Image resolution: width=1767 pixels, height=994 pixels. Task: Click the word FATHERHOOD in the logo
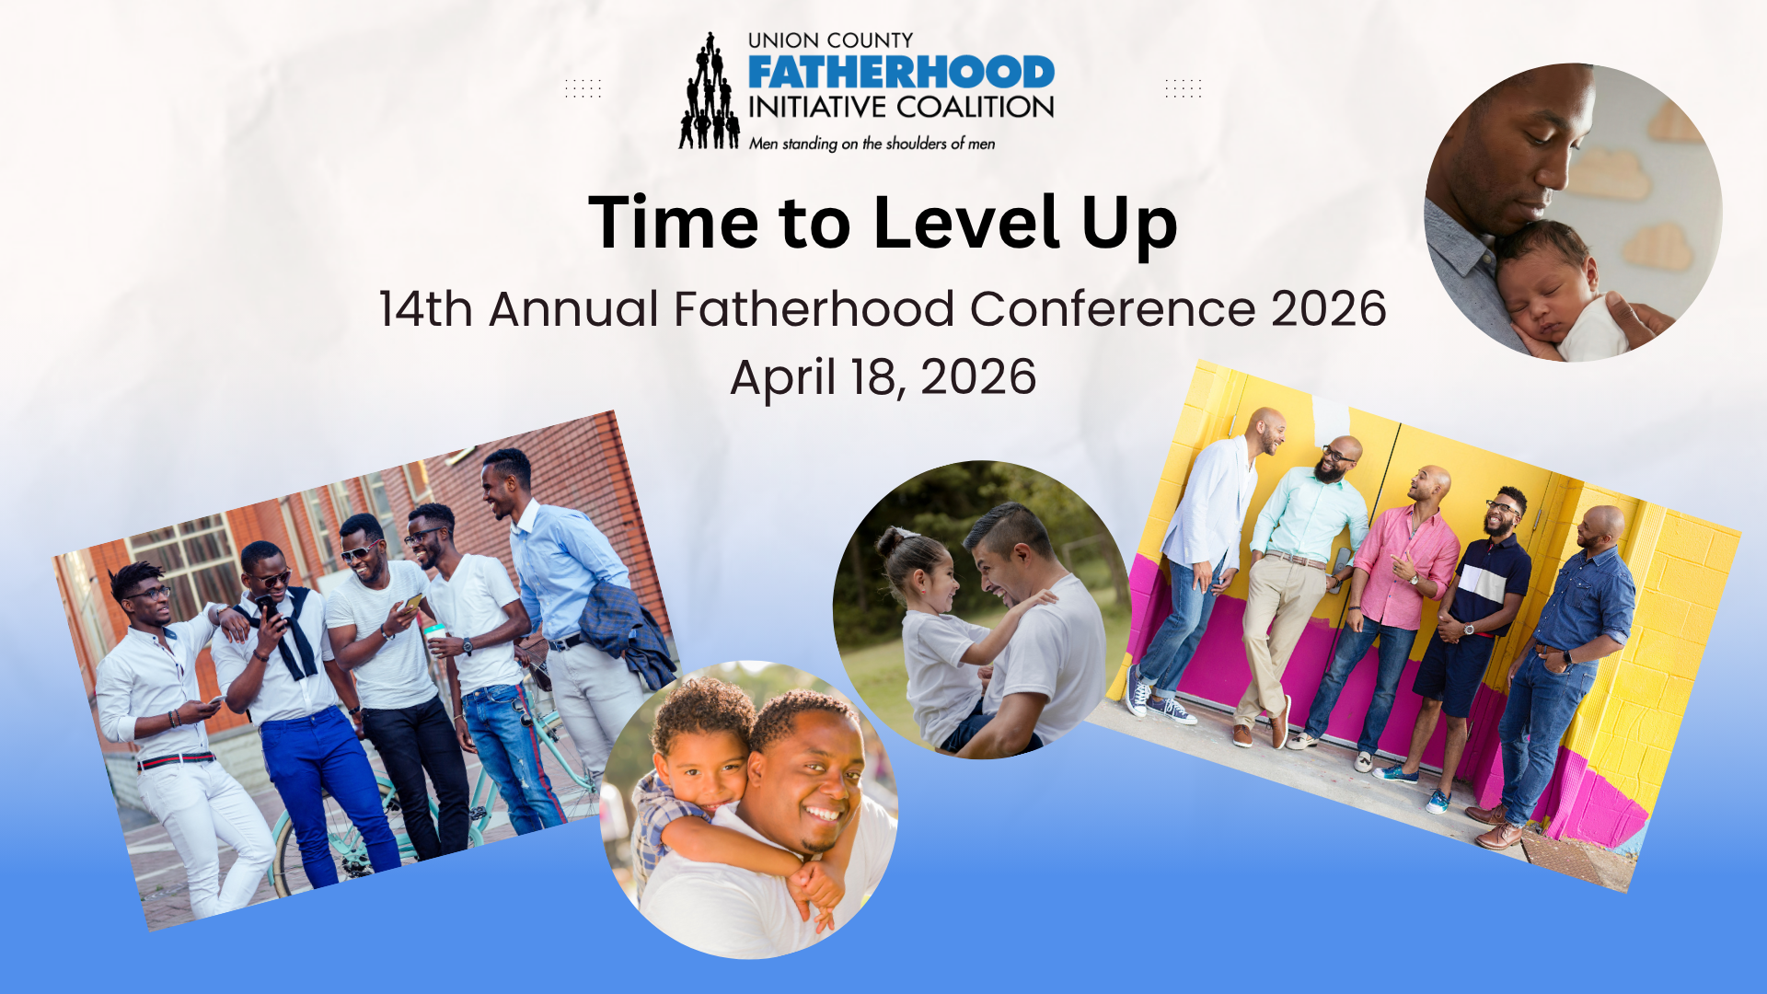[x=901, y=73]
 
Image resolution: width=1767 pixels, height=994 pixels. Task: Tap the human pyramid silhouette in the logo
[x=710, y=91]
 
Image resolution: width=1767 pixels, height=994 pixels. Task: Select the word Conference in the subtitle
[x=1113, y=308]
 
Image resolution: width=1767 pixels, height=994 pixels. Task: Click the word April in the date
[x=783, y=378]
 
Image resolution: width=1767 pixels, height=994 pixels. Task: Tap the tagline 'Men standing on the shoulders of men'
[x=872, y=144]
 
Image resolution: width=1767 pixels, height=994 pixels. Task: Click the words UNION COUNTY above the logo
[x=830, y=40]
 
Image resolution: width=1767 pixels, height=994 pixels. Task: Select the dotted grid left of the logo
[x=583, y=88]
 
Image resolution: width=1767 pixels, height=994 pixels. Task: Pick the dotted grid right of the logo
[x=1184, y=88]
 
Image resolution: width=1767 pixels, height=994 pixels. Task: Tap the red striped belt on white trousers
[x=176, y=760]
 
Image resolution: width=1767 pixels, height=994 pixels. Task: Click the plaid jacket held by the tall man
[x=626, y=630]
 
